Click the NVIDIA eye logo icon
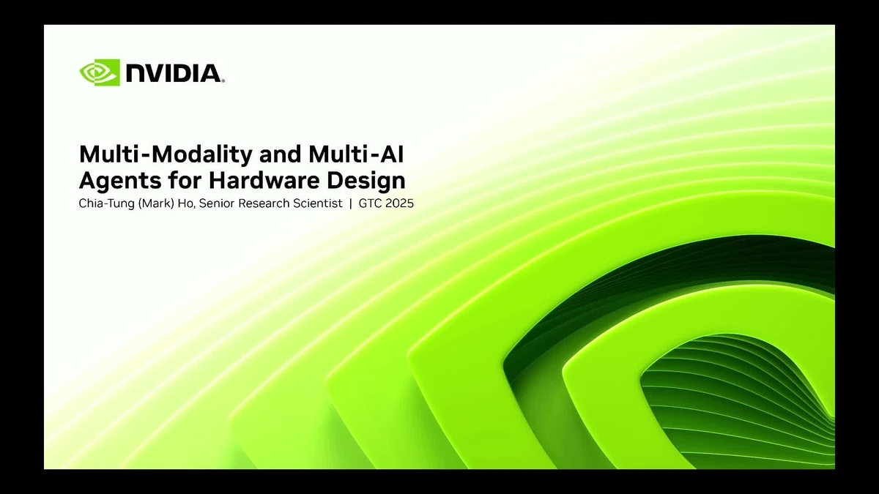[100, 72]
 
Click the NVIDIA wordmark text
[173, 73]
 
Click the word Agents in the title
[111, 179]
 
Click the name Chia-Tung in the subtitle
[103, 203]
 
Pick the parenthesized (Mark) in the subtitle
[152, 203]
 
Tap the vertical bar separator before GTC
[351, 203]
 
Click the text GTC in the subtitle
[370, 203]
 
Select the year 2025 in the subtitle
[400, 203]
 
